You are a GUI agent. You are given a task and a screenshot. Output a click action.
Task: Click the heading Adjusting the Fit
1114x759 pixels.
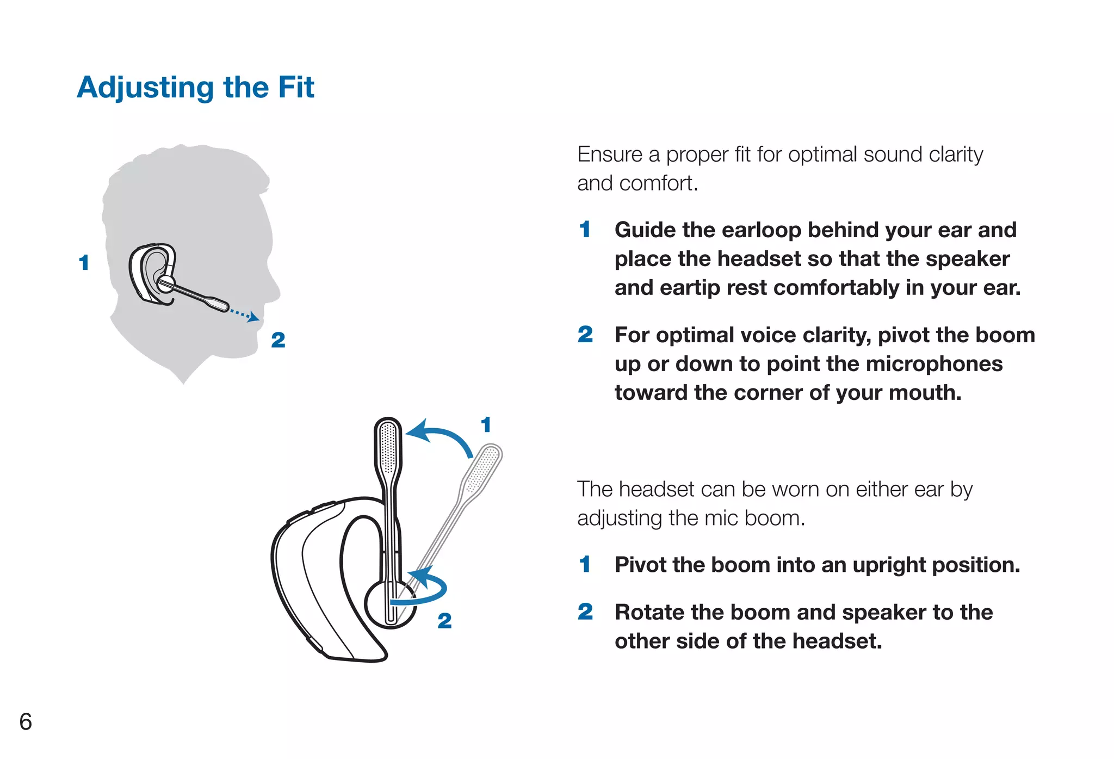pyautogui.click(x=195, y=88)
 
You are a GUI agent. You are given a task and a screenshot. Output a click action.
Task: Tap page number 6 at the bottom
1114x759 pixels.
pyautogui.click(x=26, y=721)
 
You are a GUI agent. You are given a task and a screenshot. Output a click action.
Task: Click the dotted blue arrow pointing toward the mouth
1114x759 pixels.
pyautogui.click(x=244, y=314)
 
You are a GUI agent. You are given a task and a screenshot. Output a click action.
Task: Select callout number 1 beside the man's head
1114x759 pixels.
pyautogui.click(x=84, y=263)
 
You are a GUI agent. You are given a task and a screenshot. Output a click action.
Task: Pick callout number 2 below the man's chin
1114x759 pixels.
pyautogui.click(x=278, y=340)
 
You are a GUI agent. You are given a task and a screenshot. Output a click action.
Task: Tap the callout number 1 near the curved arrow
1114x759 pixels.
pyautogui.click(x=486, y=425)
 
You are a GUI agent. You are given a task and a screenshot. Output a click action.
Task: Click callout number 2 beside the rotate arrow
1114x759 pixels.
pyautogui.click(x=444, y=621)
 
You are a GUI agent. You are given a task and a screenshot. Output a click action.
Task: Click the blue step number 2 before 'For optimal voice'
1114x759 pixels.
pyautogui.click(x=585, y=335)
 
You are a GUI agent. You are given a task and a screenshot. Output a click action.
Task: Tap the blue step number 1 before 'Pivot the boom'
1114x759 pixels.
pyautogui.click(x=585, y=565)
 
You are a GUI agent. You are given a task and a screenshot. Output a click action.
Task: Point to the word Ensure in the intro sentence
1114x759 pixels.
pyautogui.click(x=610, y=155)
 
